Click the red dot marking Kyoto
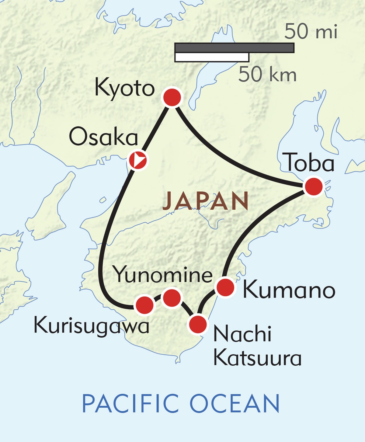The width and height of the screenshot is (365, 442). [x=172, y=97]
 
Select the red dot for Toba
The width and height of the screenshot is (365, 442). [x=314, y=186]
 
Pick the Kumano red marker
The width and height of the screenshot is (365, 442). [x=225, y=287]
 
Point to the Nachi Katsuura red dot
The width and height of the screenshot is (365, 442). [x=198, y=324]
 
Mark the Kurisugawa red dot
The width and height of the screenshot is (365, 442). [x=144, y=305]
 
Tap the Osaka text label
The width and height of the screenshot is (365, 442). [x=104, y=137]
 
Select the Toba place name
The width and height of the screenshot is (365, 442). [x=310, y=163]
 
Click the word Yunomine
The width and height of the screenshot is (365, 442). [x=163, y=275]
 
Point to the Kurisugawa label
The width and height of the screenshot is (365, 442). [x=92, y=326]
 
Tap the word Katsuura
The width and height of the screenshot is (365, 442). [x=257, y=358]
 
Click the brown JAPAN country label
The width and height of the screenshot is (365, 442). [x=206, y=201]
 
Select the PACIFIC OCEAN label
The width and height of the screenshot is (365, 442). [x=181, y=403]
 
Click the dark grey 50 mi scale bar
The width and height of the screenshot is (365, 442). [x=235, y=48]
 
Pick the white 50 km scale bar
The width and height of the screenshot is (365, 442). [x=212, y=57]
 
